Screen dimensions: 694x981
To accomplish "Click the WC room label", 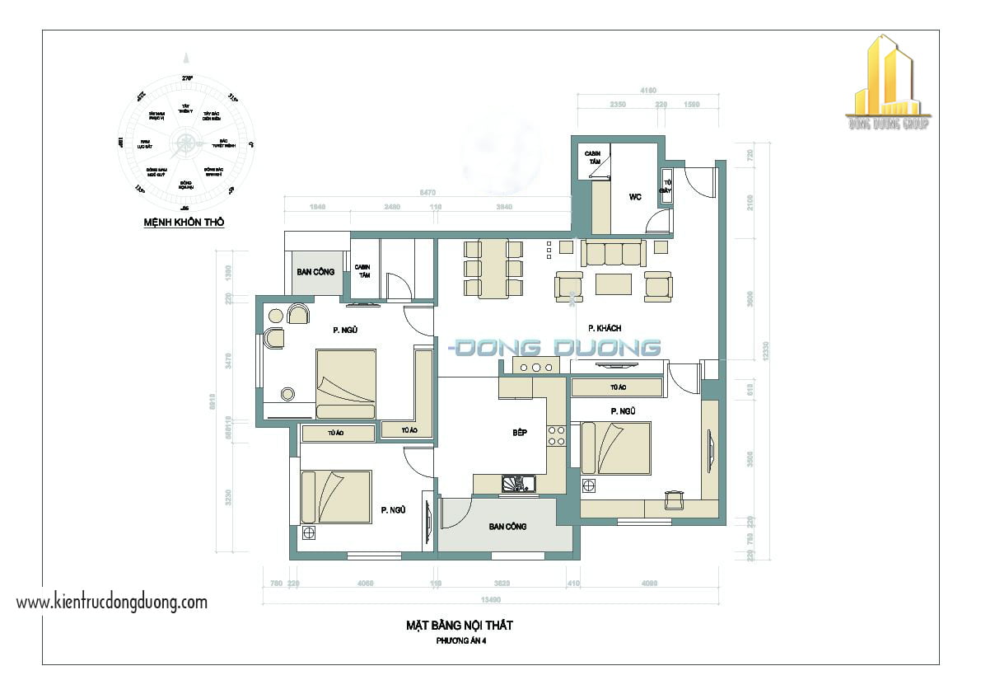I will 634,196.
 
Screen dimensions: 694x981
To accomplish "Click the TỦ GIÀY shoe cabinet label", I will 667,186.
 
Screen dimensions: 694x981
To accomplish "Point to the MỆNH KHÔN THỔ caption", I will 184,223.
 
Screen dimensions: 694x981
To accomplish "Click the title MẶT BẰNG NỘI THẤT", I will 460,626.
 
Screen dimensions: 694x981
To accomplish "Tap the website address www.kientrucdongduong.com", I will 112,602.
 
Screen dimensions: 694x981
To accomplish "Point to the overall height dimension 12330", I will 766,350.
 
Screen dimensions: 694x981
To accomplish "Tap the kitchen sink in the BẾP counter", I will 518,484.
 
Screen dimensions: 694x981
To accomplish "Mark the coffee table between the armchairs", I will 614,284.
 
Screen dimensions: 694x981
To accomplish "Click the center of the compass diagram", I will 185,147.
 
